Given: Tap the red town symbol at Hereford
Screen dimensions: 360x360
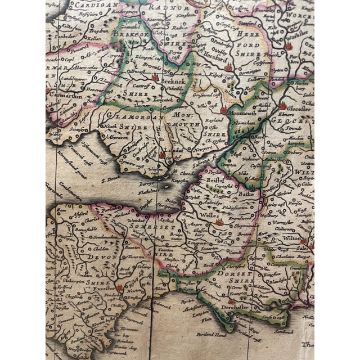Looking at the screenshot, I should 228,67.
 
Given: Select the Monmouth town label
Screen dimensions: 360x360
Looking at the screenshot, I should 243,112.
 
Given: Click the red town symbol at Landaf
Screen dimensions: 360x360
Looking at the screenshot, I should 163,155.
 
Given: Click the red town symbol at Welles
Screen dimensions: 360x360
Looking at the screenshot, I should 219,223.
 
